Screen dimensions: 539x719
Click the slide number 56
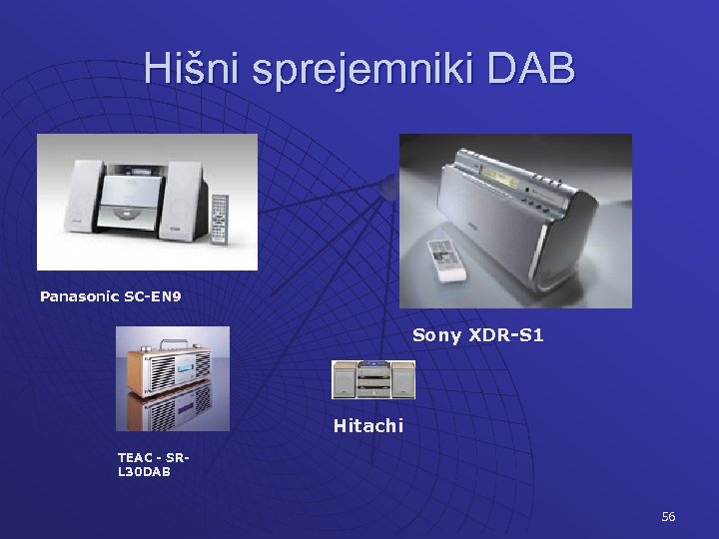point(668,516)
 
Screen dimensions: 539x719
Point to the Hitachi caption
point(367,426)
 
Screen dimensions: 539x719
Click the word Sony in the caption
point(436,335)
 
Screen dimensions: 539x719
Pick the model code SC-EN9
point(154,296)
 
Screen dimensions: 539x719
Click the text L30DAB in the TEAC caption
point(144,471)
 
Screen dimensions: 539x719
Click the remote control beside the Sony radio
point(445,259)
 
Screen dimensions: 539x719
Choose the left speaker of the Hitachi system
point(345,379)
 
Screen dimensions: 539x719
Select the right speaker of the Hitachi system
point(403,379)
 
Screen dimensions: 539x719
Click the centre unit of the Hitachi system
point(373,379)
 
